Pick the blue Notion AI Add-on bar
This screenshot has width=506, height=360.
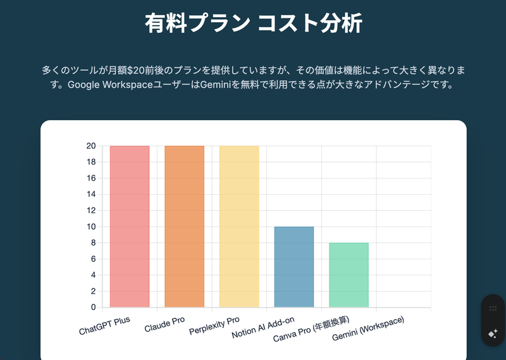[294, 267]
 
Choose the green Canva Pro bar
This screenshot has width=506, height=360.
[349, 275]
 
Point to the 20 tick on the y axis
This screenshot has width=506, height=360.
[91, 146]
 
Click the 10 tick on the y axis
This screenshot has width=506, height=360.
[91, 227]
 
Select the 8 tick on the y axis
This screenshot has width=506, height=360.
[93, 243]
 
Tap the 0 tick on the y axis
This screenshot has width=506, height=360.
[93, 307]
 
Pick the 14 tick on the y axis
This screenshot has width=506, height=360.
[91, 194]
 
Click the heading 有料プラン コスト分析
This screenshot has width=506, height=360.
[253, 24]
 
